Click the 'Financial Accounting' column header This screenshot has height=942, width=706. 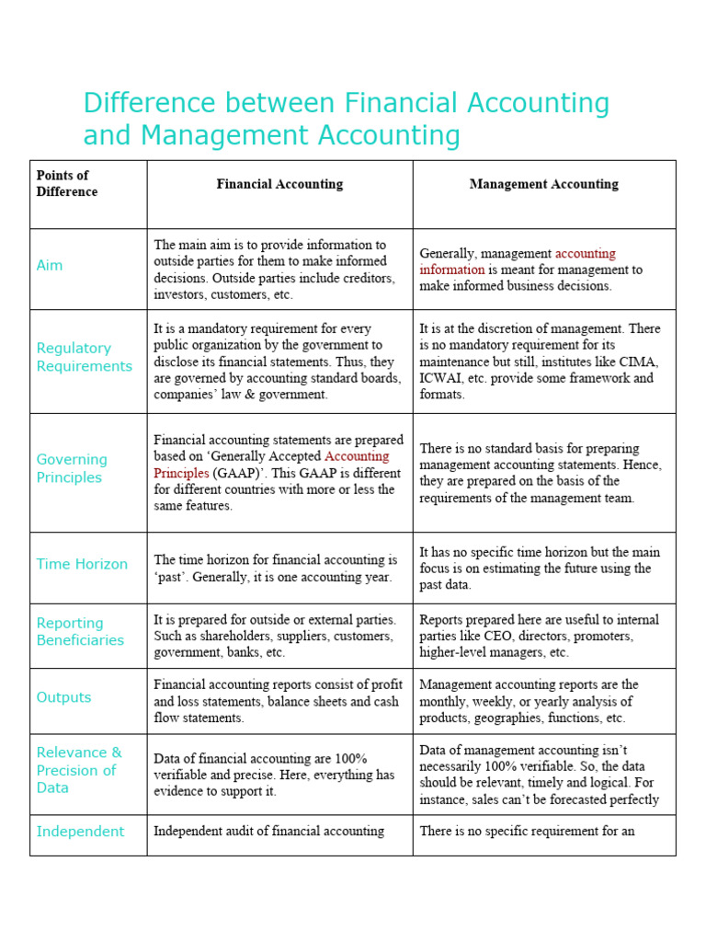(x=279, y=184)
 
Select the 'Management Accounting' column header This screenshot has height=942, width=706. (x=543, y=184)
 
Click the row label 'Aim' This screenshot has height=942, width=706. (x=50, y=265)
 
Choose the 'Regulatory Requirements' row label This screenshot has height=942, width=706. (x=84, y=357)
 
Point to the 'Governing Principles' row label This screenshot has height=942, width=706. (x=72, y=468)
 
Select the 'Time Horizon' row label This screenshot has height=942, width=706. (x=82, y=564)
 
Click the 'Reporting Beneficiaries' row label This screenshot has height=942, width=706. (x=80, y=631)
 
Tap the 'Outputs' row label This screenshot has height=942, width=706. (x=63, y=697)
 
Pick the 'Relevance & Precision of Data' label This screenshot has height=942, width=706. (x=78, y=770)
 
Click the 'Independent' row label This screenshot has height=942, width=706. (x=80, y=832)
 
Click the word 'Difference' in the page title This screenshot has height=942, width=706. (x=147, y=103)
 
